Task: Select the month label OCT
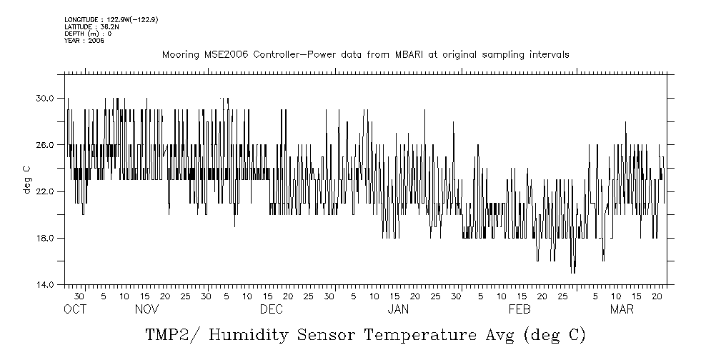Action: tap(74, 310)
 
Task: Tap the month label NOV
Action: tap(146, 310)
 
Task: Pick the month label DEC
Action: tap(272, 310)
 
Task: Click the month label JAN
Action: tap(398, 310)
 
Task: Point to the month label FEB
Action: tap(519, 310)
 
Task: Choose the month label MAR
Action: tap(622, 310)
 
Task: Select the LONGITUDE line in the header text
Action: tap(111, 19)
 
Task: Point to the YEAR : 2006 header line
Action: tap(84, 41)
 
